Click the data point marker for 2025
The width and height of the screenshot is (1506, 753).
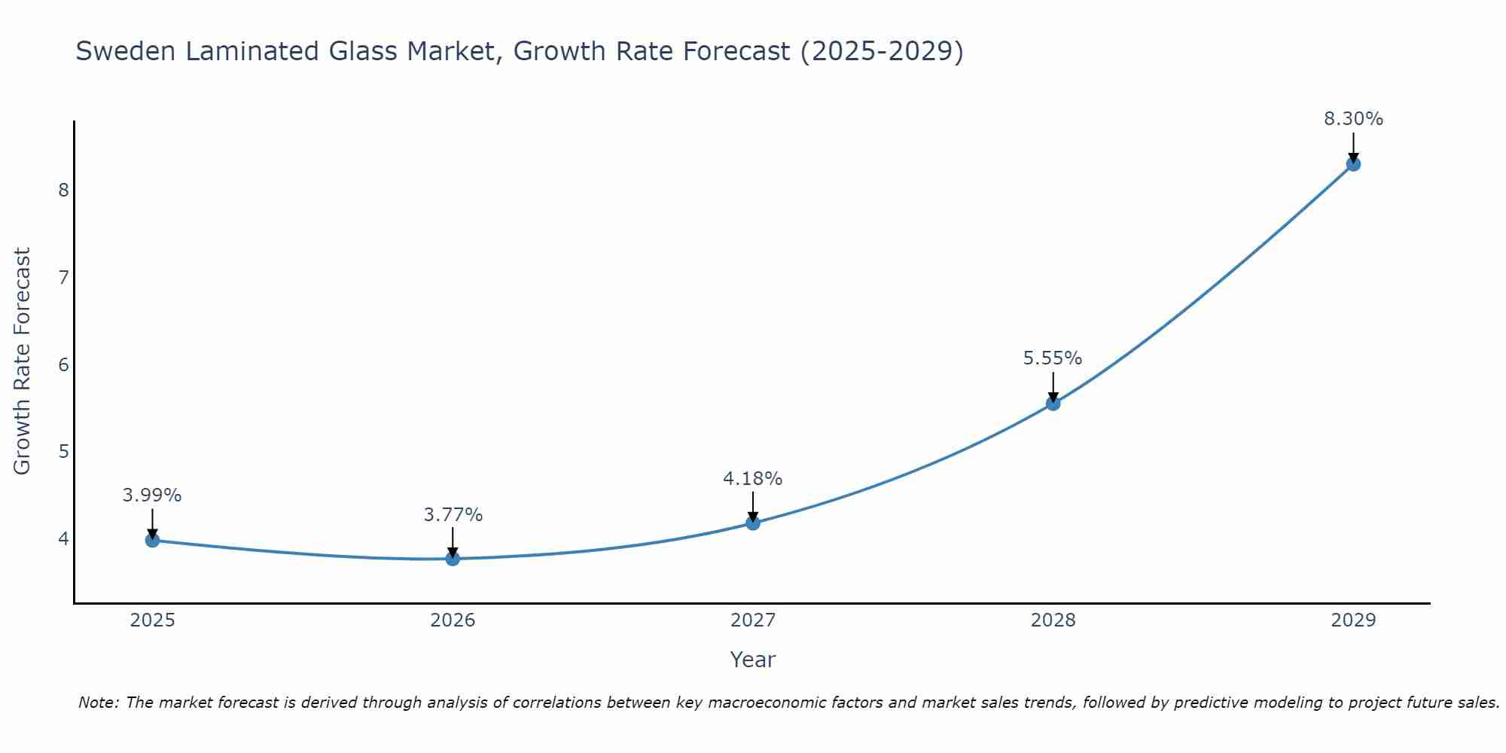tap(152, 540)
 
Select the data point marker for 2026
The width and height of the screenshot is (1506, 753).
tap(453, 559)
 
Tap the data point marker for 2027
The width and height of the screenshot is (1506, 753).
tap(753, 523)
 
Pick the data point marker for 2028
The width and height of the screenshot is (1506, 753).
tap(1053, 404)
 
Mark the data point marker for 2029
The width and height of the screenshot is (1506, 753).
tap(1353, 164)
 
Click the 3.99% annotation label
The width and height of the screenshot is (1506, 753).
tap(152, 495)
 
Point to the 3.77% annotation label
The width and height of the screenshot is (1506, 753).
tap(453, 515)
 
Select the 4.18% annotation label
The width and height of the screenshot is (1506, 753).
tap(753, 479)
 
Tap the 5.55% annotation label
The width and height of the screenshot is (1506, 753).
tap(1053, 358)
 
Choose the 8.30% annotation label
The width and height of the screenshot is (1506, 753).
tap(1353, 119)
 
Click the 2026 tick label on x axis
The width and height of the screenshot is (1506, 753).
tap(453, 620)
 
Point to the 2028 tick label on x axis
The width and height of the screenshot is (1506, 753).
tap(1053, 620)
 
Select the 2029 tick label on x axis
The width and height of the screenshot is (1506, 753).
tap(1353, 620)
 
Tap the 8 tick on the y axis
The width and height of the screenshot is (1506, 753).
tap(63, 190)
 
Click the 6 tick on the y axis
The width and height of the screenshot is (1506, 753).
tap(63, 364)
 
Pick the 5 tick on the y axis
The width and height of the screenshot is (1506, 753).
tap(63, 452)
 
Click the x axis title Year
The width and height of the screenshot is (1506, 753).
tap(752, 660)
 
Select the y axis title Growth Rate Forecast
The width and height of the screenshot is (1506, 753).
tap(23, 361)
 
